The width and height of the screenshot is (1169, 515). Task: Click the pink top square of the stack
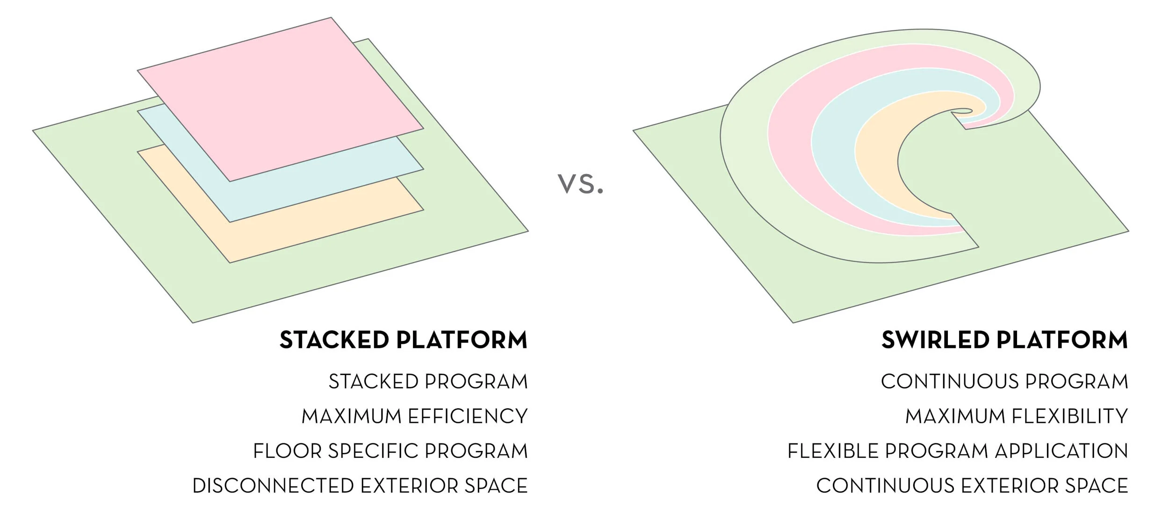coord(281,98)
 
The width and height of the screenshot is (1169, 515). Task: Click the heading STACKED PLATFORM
coord(404,340)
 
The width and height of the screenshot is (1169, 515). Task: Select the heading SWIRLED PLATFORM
coord(1004,340)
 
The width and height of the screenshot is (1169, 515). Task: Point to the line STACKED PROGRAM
coord(428,382)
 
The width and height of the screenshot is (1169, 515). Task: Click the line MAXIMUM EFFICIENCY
coord(414,416)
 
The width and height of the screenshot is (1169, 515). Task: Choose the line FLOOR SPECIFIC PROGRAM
coord(390,451)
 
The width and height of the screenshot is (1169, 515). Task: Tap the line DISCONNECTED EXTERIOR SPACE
coord(360,486)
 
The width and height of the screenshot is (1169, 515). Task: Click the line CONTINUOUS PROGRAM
coord(1004,382)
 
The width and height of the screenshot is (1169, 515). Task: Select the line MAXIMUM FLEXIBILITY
coord(1017,416)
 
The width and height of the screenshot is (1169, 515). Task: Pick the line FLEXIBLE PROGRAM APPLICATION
coord(958,451)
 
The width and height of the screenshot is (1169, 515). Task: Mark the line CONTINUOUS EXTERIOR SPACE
coord(972,486)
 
